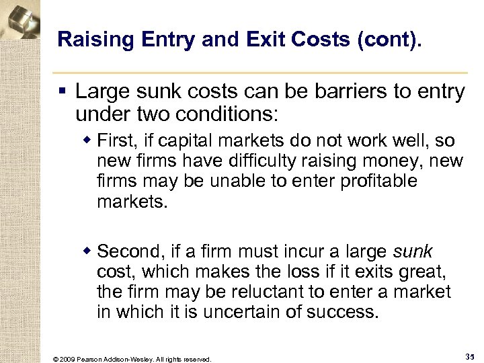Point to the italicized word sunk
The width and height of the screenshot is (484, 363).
tap(413, 252)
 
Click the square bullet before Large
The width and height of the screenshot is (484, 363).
tap(62, 91)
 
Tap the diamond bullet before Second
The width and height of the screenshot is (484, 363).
tap(87, 251)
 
